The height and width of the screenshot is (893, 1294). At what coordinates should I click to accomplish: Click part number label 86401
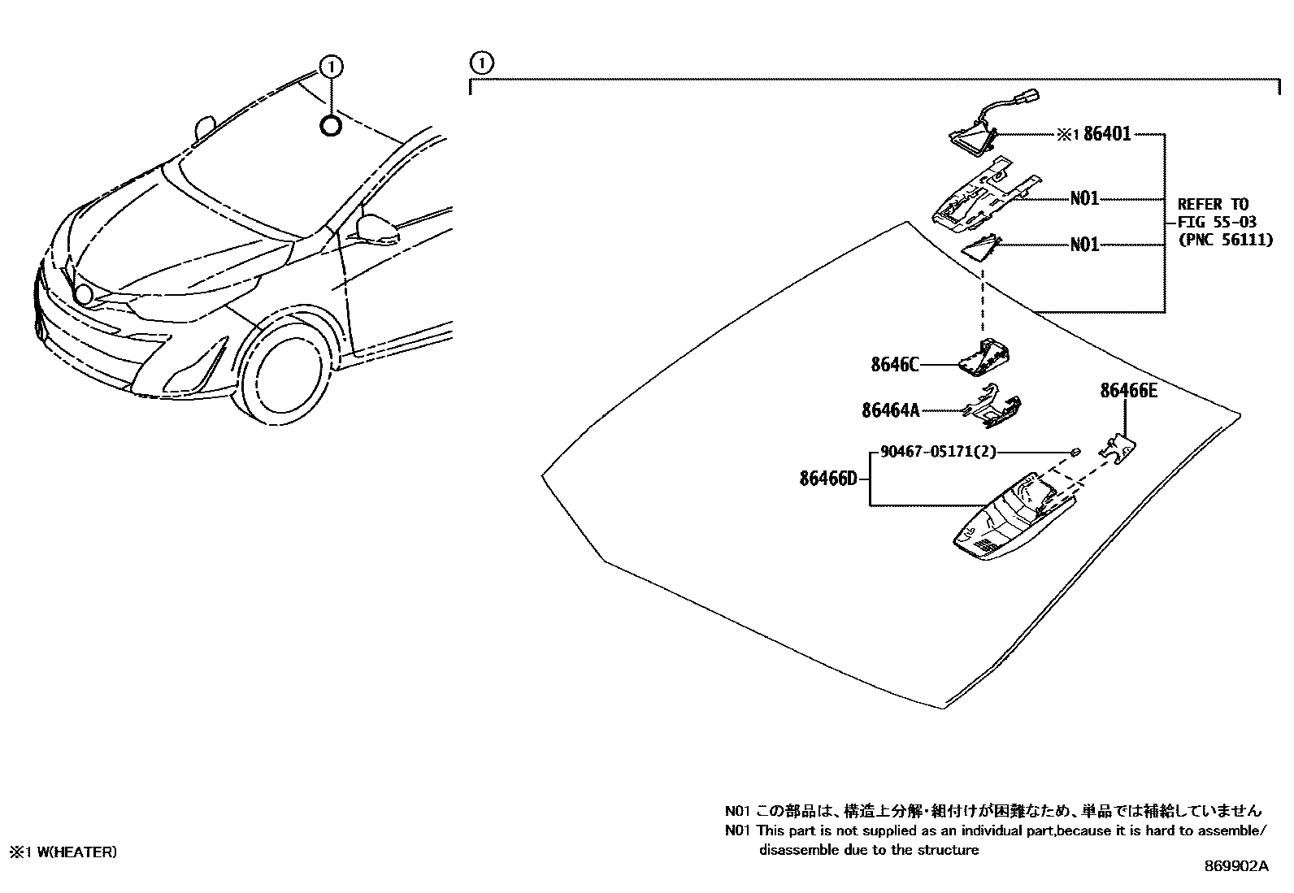1108,135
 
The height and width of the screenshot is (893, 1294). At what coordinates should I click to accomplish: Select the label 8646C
894,366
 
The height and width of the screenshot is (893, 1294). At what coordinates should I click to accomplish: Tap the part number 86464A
890,411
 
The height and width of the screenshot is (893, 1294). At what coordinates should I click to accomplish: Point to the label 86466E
1128,391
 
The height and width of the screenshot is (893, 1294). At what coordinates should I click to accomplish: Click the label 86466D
827,479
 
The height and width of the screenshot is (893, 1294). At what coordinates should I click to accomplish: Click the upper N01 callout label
1084,198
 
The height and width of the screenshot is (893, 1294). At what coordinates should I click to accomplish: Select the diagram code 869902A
1235,867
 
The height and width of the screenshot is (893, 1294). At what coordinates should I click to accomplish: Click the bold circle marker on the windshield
331,126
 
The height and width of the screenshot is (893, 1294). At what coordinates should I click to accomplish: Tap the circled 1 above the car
331,65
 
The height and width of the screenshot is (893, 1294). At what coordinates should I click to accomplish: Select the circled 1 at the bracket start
481,62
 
